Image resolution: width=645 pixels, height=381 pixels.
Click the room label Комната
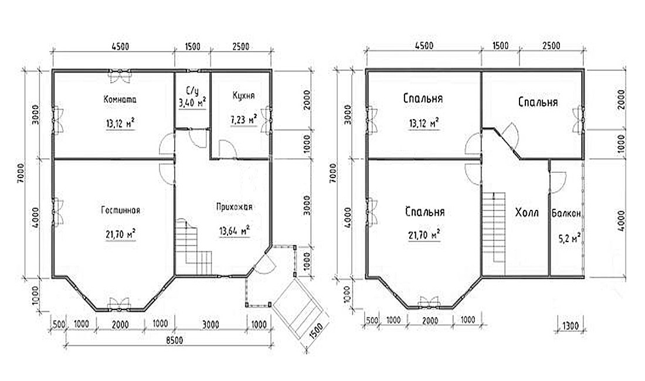coord(120,100)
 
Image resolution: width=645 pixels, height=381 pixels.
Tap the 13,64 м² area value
coord(235,231)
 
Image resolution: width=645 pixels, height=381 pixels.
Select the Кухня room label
coord(243,96)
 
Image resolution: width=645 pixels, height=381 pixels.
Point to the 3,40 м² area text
coord(192,103)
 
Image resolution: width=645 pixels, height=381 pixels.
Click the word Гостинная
coord(121,210)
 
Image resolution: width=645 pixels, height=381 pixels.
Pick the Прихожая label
coord(235,207)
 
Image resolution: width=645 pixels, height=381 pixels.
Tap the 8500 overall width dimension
coord(174,341)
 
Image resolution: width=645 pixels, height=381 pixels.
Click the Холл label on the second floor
coord(527,213)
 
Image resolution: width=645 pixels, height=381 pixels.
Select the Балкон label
coord(566,214)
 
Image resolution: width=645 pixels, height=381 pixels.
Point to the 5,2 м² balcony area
coord(569,238)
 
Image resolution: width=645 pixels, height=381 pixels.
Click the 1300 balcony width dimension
coord(570,326)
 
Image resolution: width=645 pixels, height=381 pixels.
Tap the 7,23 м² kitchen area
coord(243,120)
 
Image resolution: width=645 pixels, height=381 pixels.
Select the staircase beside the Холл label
coord(493,227)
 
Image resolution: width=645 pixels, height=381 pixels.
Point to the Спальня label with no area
coord(538,102)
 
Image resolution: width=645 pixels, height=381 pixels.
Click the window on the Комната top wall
coord(120,73)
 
